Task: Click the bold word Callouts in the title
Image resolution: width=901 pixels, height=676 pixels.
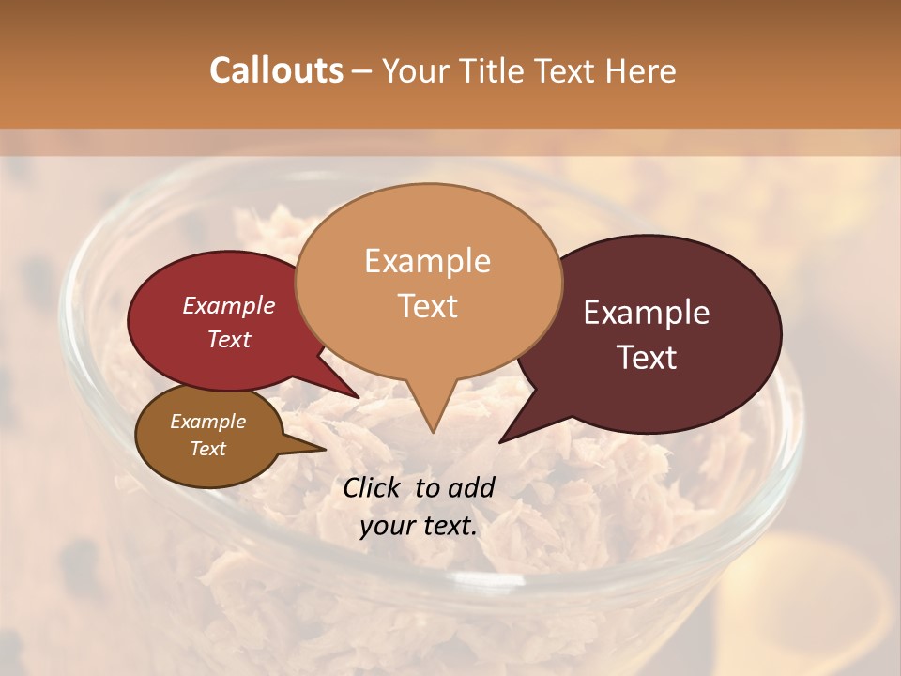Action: (x=276, y=70)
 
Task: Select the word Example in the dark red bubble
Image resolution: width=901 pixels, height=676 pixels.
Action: (x=228, y=305)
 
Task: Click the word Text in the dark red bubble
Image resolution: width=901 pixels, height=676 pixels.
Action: (x=228, y=339)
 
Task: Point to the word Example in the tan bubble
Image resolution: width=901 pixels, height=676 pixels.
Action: (x=427, y=261)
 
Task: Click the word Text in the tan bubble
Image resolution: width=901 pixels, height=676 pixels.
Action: (x=427, y=306)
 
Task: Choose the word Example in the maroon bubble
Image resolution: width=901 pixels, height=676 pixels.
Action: (x=647, y=313)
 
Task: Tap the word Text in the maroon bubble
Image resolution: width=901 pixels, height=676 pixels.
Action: (x=647, y=358)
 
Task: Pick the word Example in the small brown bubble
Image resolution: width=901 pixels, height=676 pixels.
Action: (x=207, y=422)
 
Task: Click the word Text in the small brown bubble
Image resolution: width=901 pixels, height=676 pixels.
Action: (x=207, y=449)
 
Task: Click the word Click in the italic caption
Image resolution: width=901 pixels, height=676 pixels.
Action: (x=374, y=487)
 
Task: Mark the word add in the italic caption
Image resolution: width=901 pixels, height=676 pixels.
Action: (x=470, y=487)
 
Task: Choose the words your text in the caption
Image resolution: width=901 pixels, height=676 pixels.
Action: (x=418, y=526)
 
